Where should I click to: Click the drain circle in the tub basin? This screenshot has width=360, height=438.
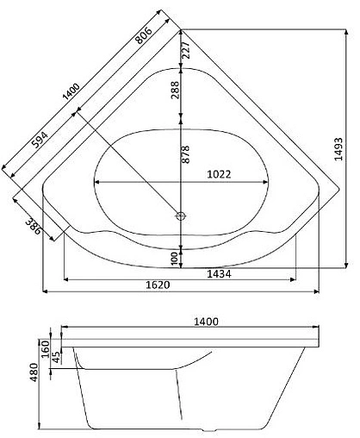(x=181, y=216)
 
